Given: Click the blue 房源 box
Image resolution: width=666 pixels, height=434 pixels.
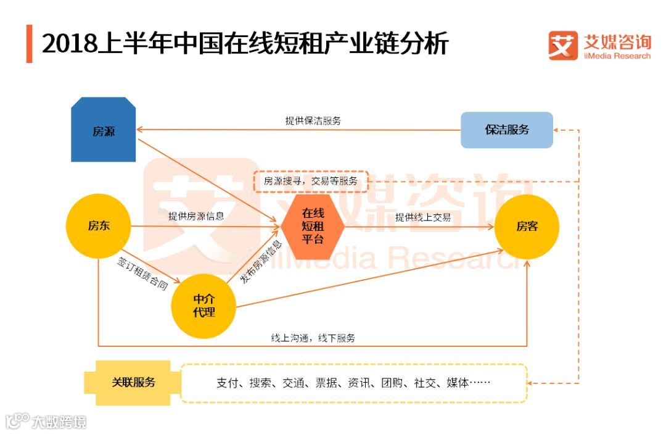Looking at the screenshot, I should coord(103,130).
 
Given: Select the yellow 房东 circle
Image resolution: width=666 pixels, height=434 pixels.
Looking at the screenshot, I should coord(99,226).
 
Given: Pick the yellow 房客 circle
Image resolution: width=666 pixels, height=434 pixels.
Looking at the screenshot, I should coord(527,227).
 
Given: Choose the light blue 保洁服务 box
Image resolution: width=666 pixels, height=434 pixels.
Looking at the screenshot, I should coord(507,130).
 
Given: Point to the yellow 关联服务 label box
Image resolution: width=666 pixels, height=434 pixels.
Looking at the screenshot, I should coord(133,382).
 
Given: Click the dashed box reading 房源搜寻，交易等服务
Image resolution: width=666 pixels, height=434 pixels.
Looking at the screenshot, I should coord(310,181).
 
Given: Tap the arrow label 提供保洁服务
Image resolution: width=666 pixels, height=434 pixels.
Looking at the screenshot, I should coord(313,121).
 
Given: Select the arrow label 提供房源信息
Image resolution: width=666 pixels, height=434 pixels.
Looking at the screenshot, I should coord(196,217).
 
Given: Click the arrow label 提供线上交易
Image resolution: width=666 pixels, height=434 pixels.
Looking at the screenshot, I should coord(423,217).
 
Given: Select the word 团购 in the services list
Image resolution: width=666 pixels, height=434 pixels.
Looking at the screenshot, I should coord(392,383).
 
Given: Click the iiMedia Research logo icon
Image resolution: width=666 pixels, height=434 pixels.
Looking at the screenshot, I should coord(563,46).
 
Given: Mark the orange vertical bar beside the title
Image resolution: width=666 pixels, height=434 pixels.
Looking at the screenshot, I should coord(29,44).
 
